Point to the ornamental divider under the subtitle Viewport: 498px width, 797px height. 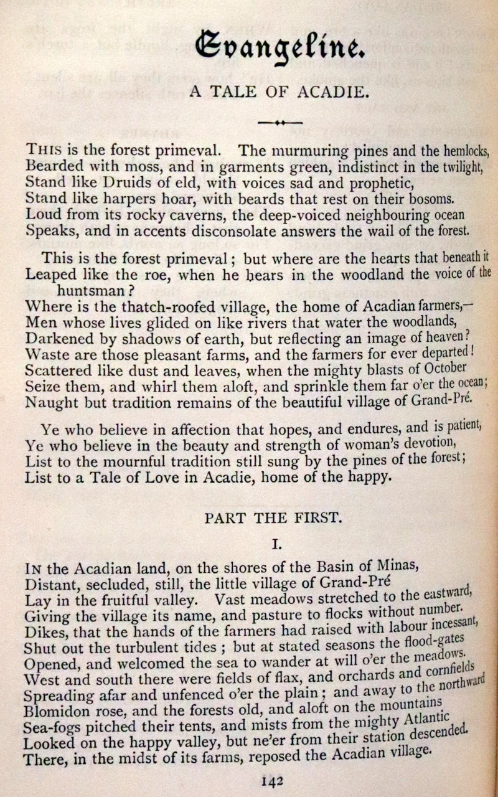point(280,123)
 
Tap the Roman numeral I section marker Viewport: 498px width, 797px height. point(278,544)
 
